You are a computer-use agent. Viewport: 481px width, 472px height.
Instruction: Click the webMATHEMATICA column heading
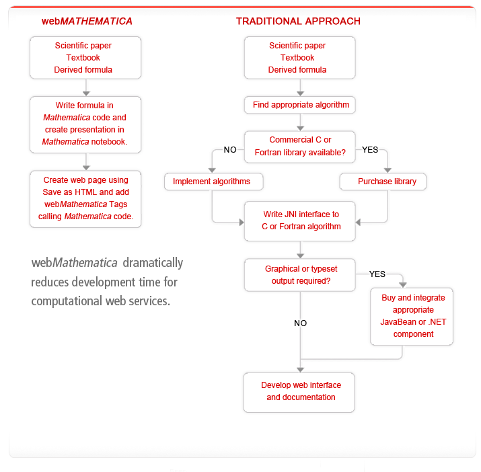click(x=87, y=21)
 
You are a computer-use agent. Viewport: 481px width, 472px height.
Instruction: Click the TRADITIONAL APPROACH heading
click(x=298, y=21)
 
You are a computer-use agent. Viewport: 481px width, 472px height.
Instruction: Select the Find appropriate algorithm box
click(x=300, y=105)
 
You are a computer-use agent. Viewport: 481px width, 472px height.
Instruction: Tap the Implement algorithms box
click(x=213, y=182)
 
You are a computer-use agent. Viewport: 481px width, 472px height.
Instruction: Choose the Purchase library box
click(x=383, y=182)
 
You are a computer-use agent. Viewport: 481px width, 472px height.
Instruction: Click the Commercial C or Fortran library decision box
click(x=300, y=147)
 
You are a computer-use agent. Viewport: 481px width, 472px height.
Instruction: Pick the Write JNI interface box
click(x=300, y=221)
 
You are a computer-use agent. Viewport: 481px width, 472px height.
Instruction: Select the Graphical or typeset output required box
click(x=300, y=275)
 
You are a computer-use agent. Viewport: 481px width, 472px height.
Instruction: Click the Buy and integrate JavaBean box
click(x=412, y=317)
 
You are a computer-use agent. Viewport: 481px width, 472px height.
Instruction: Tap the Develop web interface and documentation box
click(x=299, y=393)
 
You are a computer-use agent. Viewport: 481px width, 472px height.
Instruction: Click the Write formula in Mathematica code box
click(x=85, y=124)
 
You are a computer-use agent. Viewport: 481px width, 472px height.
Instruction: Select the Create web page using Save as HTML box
click(x=85, y=199)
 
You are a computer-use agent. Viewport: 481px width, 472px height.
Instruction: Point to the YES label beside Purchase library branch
click(x=370, y=150)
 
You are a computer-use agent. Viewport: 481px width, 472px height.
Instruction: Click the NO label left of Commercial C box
click(x=230, y=150)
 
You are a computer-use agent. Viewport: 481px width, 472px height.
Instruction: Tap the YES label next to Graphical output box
click(x=377, y=274)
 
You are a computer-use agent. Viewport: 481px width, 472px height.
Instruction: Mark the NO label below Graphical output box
click(x=300, y=323)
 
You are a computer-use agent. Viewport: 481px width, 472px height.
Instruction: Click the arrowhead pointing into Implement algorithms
click(x=212, y=170)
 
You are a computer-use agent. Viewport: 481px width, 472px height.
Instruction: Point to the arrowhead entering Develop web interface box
click(x=300, y=370)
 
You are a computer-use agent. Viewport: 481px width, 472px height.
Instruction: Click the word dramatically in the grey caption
click(x=153, y=263)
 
